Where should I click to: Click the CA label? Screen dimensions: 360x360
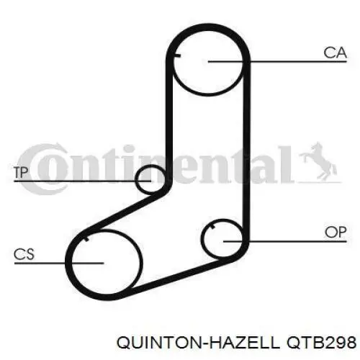point(335,53)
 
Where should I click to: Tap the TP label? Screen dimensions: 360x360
point(21,172)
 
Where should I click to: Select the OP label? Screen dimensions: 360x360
point(336,233)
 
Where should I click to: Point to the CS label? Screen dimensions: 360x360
point(24,254)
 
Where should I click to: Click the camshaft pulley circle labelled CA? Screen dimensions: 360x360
point(208,94)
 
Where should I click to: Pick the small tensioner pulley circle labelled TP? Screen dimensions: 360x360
point(135,179)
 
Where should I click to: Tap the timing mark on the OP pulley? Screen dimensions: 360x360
point(212,227)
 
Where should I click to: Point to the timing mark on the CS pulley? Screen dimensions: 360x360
point(86,239)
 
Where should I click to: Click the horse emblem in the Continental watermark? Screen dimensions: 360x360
point(318,161)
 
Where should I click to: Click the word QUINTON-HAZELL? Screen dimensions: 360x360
point(198,343)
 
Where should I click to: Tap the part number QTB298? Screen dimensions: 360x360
point(322,342)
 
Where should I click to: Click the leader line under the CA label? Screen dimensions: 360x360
point(277,62)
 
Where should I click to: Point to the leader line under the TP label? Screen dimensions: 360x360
point(83,181)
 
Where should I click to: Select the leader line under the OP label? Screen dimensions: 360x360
point(285,241)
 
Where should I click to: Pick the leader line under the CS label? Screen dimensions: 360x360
point(59,263)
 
